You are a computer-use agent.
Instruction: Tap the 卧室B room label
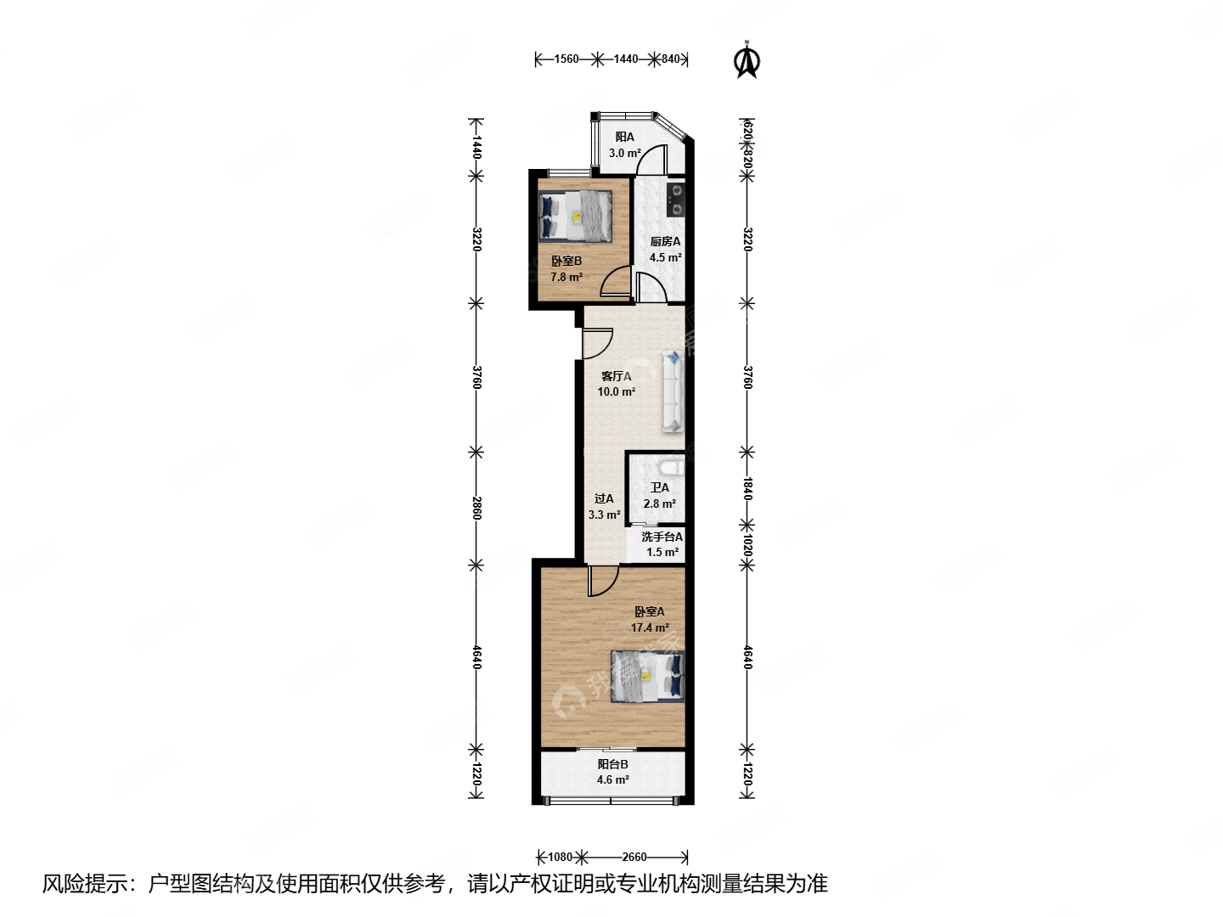pos(566,261)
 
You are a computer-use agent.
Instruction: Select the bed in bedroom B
pos(576,216)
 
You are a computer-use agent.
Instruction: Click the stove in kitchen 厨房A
pos(676,200)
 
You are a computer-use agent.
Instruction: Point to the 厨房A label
pos(665,242)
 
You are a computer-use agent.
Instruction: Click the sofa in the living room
pos(673,392)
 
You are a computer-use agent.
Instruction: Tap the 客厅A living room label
pos(616,376)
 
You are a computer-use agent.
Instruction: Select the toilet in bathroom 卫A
pos(671,468)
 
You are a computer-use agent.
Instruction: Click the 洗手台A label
pos(662,537)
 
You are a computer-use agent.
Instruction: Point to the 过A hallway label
pos(604,499)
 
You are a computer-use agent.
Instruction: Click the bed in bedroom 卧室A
pos(647,676)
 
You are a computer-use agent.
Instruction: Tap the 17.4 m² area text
pos(650,627)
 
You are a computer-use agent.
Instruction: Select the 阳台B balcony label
pos(612,764)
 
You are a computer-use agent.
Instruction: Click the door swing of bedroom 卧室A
pos(603,581)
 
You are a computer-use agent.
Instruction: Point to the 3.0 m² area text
pos(625,154)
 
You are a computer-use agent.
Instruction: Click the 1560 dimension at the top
pos(566,59)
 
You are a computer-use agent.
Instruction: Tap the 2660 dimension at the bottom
pos(634,857)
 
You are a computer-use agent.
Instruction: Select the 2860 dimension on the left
pos(476,508)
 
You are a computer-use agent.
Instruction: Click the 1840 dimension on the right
pos(747,488)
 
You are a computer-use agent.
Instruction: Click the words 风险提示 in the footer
pos(85,884)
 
